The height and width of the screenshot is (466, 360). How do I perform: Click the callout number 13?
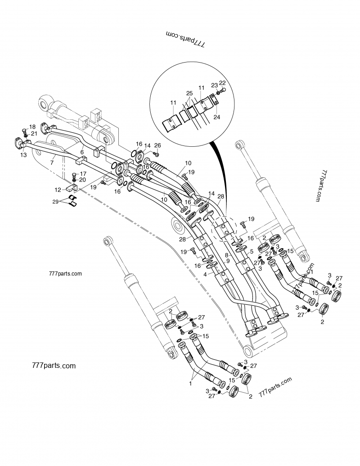pyautogui.click(x=23, y=155)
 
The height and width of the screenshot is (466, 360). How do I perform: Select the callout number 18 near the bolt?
pyautogui.click(x=32, y=127)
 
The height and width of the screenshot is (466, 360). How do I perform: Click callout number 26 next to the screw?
pyautogui.click(x=157, y=145)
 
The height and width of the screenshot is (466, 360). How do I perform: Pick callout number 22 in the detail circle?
pyautogui.click(x=222, y=83)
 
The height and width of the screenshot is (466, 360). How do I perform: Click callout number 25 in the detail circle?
pyautogui.click(x=189, y=93)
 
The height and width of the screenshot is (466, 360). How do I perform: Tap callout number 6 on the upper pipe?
pyautogui.click(x=82, y=152)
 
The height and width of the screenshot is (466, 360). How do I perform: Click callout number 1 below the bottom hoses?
pyautogui.click(x=190, y=384)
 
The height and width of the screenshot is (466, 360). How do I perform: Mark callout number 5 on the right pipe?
pyautogui.click(x=251, y=251)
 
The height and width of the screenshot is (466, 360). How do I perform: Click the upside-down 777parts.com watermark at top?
pyautogui.click(x=185, y=40)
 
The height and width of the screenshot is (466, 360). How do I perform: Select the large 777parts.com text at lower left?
pyautogui.click(x=54, y=365)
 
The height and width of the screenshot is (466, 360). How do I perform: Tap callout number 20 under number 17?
pyautogui.click(x=82, y=180)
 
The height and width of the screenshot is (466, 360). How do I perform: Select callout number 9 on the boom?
pyautogui.click(x=228, y=261)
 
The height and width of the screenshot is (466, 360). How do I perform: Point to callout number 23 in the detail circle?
pyautogui.click(x=214, y=85)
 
